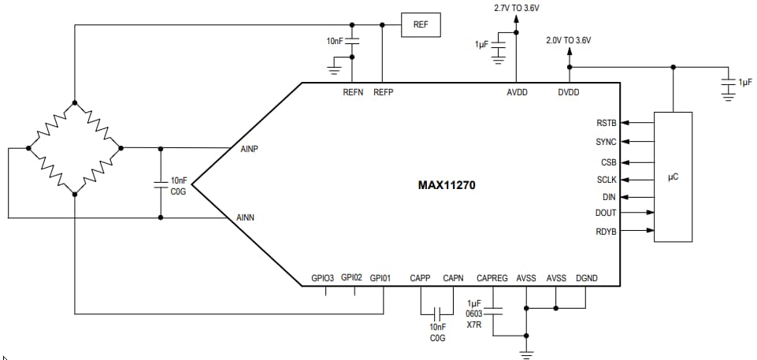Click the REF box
pyautogui.click(x=421, y=24)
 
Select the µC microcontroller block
pyautogui.click(x=673, y=177)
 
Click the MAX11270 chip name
pyautogui.click(x=447, y=186)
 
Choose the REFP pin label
pyautogui.click(x=383, y=93)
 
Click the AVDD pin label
pyautogui.click(x=517, y=93)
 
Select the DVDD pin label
pyautogui.click(x=569, y=93)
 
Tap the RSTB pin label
pyautogui.click(x=607, y=123)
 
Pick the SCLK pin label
pyautogui.click(x=607, y=180)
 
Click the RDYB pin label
pyautogui.click(x=607, y=231)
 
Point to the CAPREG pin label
pyautogui.click(x=492, y=277)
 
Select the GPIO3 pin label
pyautogui.click(x=323, y=277)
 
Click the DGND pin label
pyautogui.click(x=588, y=277)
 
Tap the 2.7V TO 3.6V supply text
pyautogui.click(x=517, y=8)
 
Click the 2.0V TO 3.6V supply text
pyautogui.click(x=568, y=39)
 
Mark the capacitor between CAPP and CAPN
pyautogui.click(x=437, y=314)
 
